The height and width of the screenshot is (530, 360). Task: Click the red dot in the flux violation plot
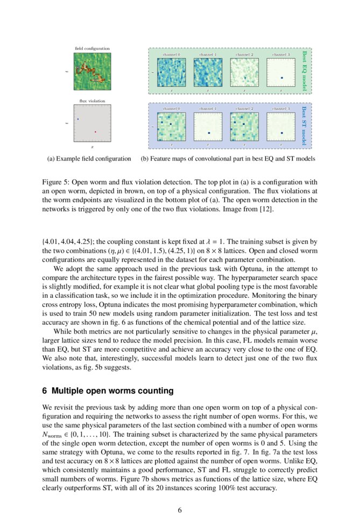coord(95,131)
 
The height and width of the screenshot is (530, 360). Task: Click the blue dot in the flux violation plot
coord(78,118)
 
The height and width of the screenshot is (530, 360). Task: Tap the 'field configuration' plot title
coord(92,49)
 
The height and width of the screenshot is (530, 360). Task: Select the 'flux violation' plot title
coord(92,101)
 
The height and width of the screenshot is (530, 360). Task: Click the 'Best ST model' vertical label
coord(304,125)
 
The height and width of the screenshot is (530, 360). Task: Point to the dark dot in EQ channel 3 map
coord(281,78)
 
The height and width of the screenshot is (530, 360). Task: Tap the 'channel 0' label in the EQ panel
coord(171,55)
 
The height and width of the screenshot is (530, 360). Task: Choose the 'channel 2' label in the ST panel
coord(244,109)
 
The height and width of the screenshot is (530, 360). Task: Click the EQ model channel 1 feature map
coord(208,72)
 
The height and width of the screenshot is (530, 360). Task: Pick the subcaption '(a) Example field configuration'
coord(89,159)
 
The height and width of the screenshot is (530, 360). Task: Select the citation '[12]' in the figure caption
coord(268,209)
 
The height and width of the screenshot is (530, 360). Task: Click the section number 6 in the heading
coord(45,390)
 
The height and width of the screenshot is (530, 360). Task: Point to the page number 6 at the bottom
coord(180,510)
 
